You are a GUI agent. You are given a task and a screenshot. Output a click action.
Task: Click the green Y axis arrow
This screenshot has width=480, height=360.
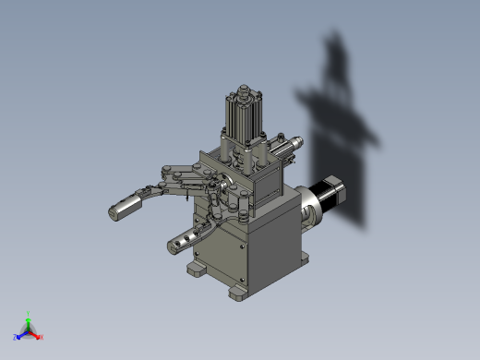(29, 322)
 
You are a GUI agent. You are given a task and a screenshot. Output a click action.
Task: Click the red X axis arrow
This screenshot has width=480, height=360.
(36, 334)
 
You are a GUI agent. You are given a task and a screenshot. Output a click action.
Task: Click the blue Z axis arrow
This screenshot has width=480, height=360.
(21, 334)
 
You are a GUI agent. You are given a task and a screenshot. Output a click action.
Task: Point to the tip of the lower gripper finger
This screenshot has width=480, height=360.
(173, 246)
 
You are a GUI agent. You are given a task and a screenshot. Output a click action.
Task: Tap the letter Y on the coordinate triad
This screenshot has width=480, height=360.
(29, 314)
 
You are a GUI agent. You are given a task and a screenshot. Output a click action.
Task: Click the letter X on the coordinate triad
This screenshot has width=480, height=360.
(42, 337)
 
